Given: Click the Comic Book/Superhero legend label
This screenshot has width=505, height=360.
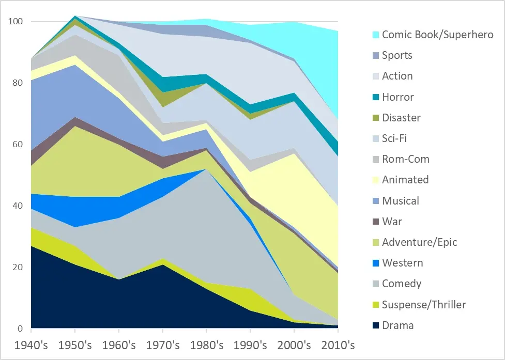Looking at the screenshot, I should coord(437,35).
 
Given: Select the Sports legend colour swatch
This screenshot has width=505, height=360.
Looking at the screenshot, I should coord(375,56).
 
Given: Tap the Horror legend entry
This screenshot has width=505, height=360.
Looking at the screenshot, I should coord(398,97).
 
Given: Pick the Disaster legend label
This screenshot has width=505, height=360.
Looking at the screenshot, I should coord(401,118).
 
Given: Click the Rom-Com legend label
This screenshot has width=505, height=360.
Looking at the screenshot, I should coord(406,159).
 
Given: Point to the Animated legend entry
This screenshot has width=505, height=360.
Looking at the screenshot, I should coord(405,180).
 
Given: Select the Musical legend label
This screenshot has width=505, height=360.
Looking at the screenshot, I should coord(401,201).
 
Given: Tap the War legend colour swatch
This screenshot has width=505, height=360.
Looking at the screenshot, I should coord(375,222).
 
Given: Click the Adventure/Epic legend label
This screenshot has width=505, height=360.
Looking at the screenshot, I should coord(420,242).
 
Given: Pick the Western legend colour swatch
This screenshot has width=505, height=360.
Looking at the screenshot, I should coord(375,263).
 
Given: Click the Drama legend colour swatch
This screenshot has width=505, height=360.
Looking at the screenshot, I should coord(375,325).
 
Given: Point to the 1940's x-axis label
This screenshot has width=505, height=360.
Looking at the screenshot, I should coord(31,345).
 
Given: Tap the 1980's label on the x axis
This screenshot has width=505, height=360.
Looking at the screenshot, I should coord(207,345).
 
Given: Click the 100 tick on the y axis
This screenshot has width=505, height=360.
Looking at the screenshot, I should coord(16,22).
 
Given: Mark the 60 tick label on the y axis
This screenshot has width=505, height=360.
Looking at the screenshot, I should coord(18,145).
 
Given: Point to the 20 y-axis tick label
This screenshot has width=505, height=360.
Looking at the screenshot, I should coord(18,268).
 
